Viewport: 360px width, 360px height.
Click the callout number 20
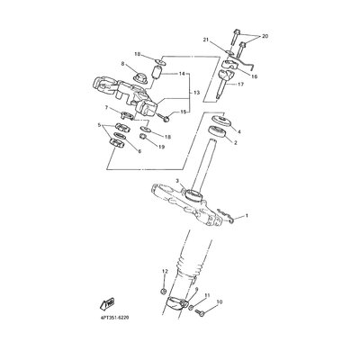(265, 36)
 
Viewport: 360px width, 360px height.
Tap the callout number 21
(213, 40)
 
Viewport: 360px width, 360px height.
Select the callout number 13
(196, 93)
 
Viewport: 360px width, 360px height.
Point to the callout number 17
(240, 85)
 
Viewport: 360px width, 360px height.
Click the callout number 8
(122, 63)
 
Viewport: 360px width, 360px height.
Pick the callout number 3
(177, 181)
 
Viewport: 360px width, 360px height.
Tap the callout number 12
(165, 272)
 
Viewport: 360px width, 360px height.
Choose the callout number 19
(161, 148)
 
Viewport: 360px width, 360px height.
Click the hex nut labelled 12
(164, 291)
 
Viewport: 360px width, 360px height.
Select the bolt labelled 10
(200, 312)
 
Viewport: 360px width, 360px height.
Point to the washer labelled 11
(191, 307)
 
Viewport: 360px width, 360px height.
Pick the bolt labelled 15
(163, 118)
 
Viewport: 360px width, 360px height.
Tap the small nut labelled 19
(144, 138)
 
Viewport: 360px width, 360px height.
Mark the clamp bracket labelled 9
(177, 303)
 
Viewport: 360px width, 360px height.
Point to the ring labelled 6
(120, 137)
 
